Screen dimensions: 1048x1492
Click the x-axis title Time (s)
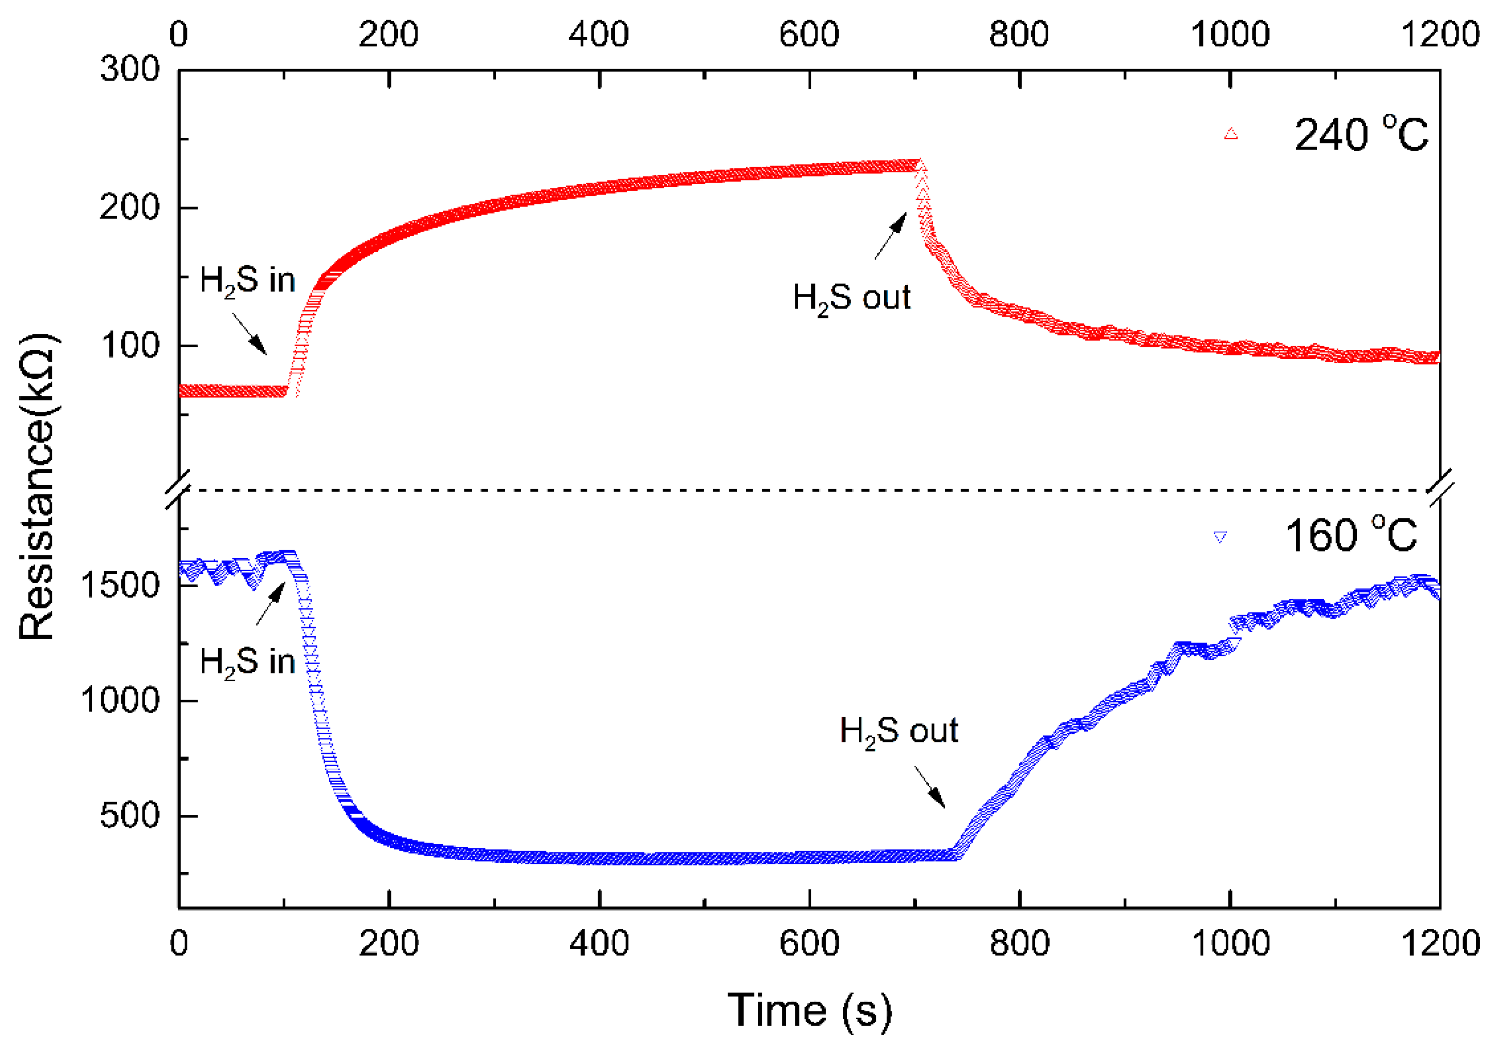click(809, 1010)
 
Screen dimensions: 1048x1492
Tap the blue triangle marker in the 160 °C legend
click(1220, 537)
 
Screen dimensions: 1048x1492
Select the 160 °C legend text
click(1351, 536)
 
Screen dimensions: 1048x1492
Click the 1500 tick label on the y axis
click(120, 585)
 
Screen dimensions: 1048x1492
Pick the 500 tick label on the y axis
click(130, 815)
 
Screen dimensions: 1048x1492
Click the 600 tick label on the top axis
click(809, 34)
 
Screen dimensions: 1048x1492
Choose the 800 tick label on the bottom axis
click(1019, 943)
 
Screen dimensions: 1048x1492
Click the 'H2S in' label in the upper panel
click(247, 281)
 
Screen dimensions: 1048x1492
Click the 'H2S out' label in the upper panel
click(851, 298)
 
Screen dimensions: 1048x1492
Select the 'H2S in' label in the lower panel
click(247, 663)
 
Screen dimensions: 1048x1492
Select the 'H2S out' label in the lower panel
click(899, 732)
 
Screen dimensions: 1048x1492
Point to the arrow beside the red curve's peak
click(890, 236)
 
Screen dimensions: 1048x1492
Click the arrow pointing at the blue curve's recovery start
click(930, 787)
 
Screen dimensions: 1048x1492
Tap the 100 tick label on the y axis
click(130, 346)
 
